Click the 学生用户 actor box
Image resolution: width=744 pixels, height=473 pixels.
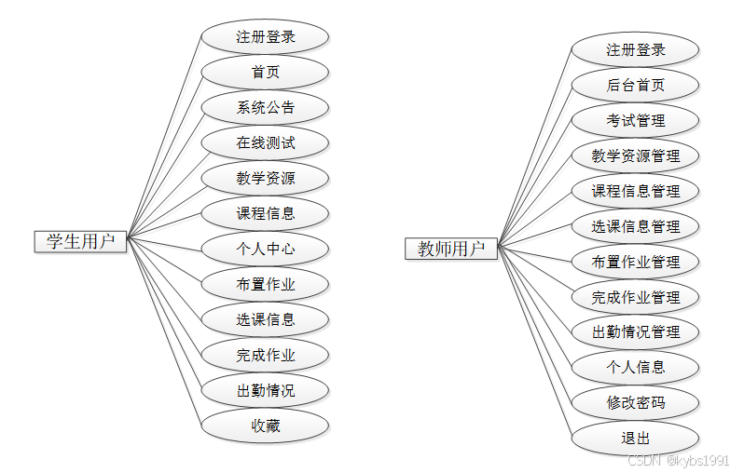click(80, 241)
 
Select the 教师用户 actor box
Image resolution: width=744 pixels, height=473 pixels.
click(451, 249)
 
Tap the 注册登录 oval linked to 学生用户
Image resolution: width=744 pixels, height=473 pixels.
click(266, 37)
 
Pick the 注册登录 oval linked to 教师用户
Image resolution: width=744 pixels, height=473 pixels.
click(635, 50)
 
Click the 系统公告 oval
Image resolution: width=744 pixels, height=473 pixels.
click(266, 108)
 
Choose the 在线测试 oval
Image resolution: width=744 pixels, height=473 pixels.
click(266, 143)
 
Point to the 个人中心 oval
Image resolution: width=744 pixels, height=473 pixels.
click(266, 250)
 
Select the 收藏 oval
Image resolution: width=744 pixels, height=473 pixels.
click(266, 426)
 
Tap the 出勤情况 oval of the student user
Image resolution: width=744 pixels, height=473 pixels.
click(266, 391)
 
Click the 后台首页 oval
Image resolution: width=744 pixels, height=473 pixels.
click(635, 86)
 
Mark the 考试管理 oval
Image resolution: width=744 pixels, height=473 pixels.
click(635, 121)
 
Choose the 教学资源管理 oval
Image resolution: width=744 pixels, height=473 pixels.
click(635, 156)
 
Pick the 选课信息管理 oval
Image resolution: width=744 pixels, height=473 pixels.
click(635, 226)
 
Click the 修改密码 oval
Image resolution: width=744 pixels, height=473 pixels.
click(635, 403)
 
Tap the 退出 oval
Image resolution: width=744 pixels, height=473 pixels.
click(635, 439)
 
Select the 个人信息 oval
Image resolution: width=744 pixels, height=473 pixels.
click(635, 368)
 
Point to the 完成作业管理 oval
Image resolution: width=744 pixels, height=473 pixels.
click(635, 298)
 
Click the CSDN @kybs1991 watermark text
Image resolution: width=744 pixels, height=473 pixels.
click(678, 461)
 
